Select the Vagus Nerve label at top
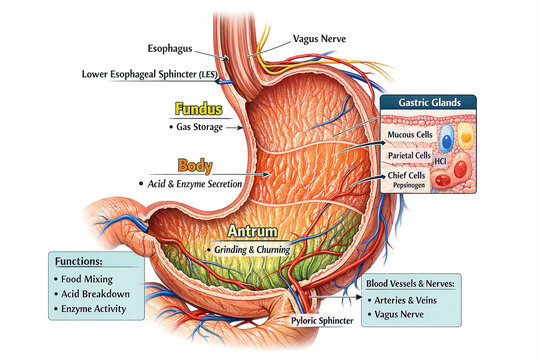(x=319, y=39)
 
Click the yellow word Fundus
(x=198, y=109)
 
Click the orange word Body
(x=194, y=165)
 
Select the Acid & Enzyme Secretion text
(x=196, y=184)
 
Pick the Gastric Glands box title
(x=427, y=103)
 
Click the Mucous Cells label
(x=410, y=133)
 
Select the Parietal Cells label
(x=409, y=155)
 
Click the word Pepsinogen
(x=410, y=186)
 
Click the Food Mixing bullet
(x=87, y=279)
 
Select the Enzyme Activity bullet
(x=92, y=310)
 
